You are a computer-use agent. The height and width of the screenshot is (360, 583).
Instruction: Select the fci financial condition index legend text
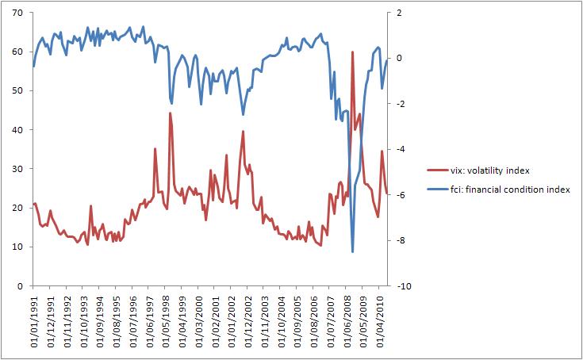(509, 190)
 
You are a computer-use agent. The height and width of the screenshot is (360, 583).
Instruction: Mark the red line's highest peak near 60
(352, 52)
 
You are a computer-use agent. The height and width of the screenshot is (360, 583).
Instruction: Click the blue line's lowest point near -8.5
(352, 251)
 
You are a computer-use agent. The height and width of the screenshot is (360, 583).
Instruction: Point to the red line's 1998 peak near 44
(170, 113)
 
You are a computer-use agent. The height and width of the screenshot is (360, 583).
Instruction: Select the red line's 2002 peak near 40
(243, 132)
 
